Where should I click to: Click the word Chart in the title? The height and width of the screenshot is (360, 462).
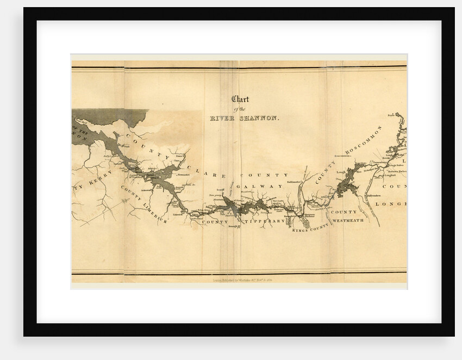tap(240, 99)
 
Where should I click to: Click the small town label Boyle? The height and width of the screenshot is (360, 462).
tap(391, 115)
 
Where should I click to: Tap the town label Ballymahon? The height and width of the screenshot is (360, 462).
tap(373, 194)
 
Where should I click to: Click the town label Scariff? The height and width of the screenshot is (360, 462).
tap(220, 190)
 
